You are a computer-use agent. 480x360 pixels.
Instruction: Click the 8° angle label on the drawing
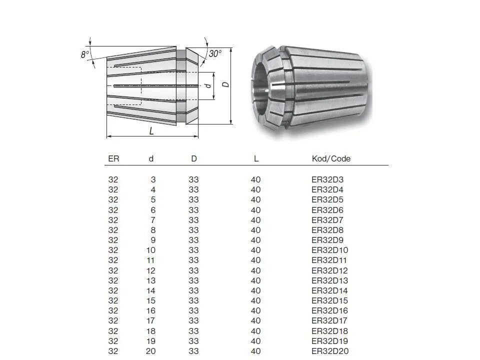pyautogui.click(x=85, y=54)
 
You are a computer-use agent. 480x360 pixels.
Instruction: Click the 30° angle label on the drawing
pyautogui.click(x=215, y=53)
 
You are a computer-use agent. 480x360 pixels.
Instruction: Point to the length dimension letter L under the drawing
pyautogui.click(x=151, y=131)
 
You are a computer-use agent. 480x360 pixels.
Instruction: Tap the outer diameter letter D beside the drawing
pyautogui.click(x=226, y=84)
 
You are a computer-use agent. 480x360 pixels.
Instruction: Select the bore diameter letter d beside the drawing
pyautogui.click(x=208, y=85)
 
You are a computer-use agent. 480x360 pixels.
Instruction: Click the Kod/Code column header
pyautogui.click(x=331, y=158)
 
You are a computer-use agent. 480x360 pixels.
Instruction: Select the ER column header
pyautogui.click(x=113, y=158)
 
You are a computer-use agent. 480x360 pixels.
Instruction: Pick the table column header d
pyautogui.click(x=151, y=158)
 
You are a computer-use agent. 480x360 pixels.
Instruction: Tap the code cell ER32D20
pyautogui.click(x=330, y=351)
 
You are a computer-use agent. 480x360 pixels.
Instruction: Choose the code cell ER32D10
pyautogui.click(x=329, y=250)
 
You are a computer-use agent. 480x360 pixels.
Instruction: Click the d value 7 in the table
pyautogui.click(x=153, y=220)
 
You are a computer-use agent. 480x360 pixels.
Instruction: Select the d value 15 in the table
pyautogui.click(x=151, y=300)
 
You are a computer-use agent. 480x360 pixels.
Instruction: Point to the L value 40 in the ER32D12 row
pyautogui.click(x=255, y=270)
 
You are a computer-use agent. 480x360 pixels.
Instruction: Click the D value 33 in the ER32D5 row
pyautogui.click(x=193, y=199)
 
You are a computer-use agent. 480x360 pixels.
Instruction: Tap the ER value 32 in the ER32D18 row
pyautogui.click(x=113, y=331)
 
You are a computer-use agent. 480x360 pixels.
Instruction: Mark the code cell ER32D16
pyautogui.click(x=329, y=310)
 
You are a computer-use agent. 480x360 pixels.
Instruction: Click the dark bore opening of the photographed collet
pyautogui.click(x=259, y=84)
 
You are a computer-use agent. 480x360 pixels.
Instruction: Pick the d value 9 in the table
pyautogui.click(x=153, y=240)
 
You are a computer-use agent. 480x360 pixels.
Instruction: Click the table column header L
pyautogui.click(x=256, y=158)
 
